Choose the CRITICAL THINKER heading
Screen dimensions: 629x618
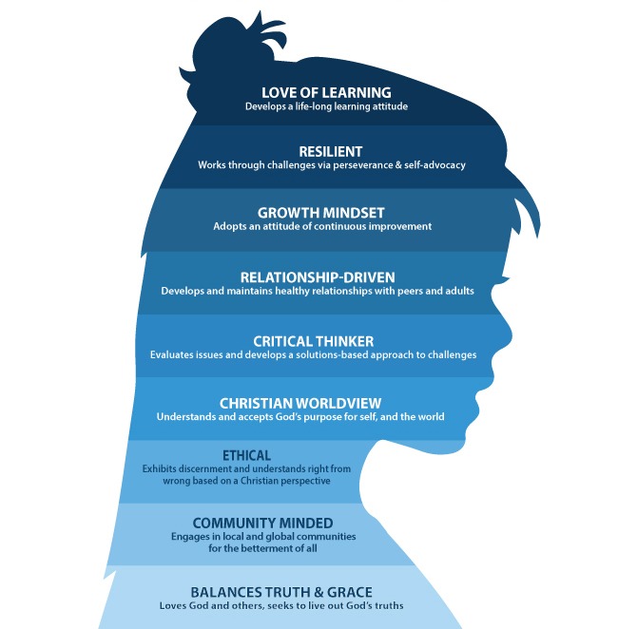(x=313, y=340)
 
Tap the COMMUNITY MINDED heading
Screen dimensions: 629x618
(x=262, y=523)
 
